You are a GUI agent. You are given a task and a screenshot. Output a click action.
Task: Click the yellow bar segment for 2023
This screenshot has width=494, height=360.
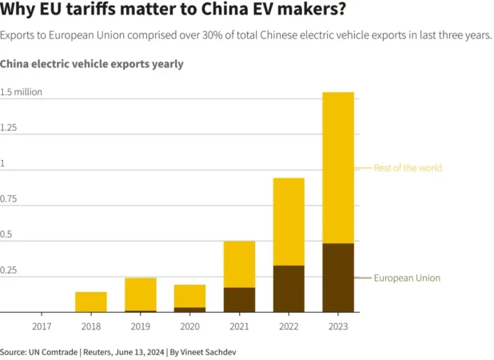point(337,167)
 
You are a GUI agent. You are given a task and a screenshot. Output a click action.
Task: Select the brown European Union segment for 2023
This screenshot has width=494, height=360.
point(337,277)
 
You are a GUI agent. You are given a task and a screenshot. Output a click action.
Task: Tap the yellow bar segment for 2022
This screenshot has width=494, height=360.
point(289,221)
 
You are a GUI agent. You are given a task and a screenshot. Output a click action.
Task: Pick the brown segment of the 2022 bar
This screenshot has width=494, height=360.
point(289,288)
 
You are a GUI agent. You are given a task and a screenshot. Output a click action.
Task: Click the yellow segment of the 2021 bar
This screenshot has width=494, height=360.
point(239,264)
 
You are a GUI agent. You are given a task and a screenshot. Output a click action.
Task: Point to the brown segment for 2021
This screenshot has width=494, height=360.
point(239,299)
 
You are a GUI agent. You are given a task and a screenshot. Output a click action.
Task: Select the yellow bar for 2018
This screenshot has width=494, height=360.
point(91,302)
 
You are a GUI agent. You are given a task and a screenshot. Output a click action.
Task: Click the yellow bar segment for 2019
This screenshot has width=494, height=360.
point(141,294)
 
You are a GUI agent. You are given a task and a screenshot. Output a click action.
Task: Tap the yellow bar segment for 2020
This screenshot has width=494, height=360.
point(189,296)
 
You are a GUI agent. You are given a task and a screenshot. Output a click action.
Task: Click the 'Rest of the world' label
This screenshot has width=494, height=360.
point(408,168)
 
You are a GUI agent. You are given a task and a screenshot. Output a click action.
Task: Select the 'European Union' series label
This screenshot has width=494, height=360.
point(407,278)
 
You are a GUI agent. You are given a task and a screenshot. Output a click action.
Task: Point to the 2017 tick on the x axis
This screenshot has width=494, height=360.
point(42,326)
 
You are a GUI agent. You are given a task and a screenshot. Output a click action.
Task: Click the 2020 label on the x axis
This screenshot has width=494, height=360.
point(189,326)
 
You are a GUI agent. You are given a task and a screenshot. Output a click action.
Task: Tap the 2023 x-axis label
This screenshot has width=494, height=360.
point(337,326)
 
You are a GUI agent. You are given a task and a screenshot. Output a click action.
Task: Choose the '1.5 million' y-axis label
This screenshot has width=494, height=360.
point(22,92)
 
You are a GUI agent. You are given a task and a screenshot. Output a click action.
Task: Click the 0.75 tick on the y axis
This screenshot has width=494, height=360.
point(9,199)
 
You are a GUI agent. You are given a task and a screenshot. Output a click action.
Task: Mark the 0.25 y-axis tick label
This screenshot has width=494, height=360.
point(9,270)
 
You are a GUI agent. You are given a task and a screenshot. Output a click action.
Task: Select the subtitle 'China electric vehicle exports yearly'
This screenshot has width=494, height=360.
point(92,63)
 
